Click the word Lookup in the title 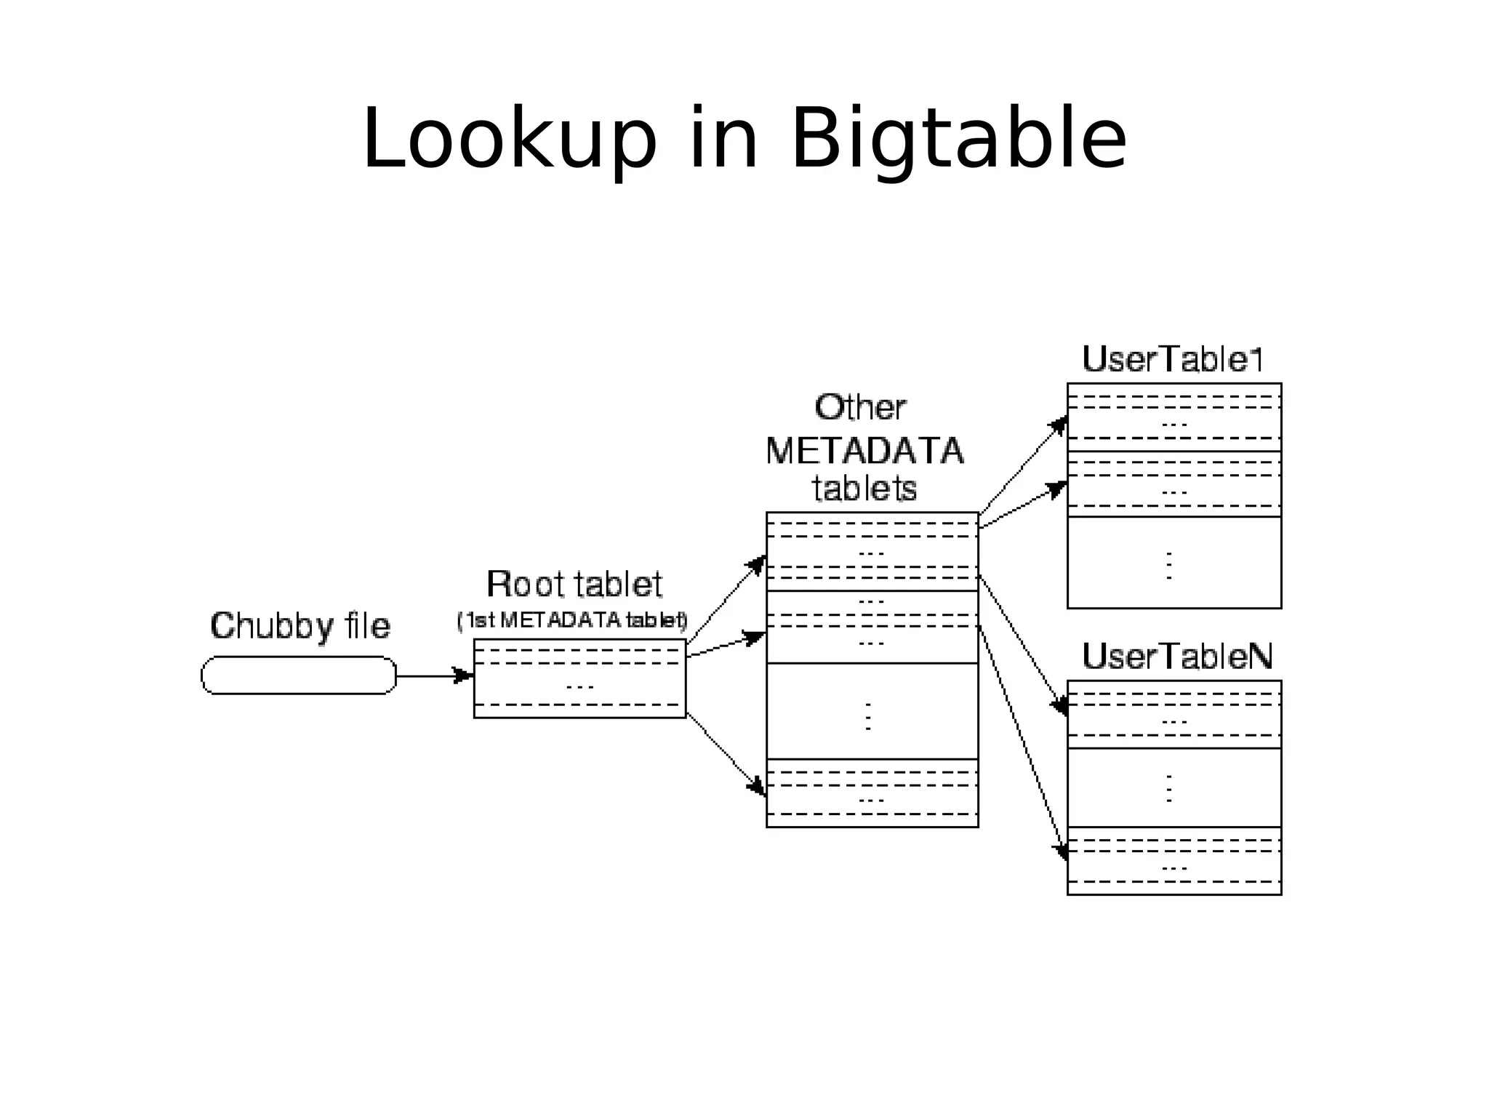click(509, 138)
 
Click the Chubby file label click(300, 626)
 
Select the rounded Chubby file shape click(299, 675)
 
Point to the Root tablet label click(574, 585)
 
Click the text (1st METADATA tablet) click(572, 621)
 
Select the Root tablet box click(579, 678)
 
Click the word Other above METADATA click(860, 408)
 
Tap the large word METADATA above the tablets click(864, 452)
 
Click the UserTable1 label click(1172, 359)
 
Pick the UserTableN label click(1177, 657)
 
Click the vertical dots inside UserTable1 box click(1169, 565)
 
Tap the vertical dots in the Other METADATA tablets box click(868, 716)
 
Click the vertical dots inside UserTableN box click(1169, 788)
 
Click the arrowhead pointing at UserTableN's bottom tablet click(1061, 851)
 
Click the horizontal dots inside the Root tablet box click(579, 686)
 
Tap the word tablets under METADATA click(864, 489)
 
